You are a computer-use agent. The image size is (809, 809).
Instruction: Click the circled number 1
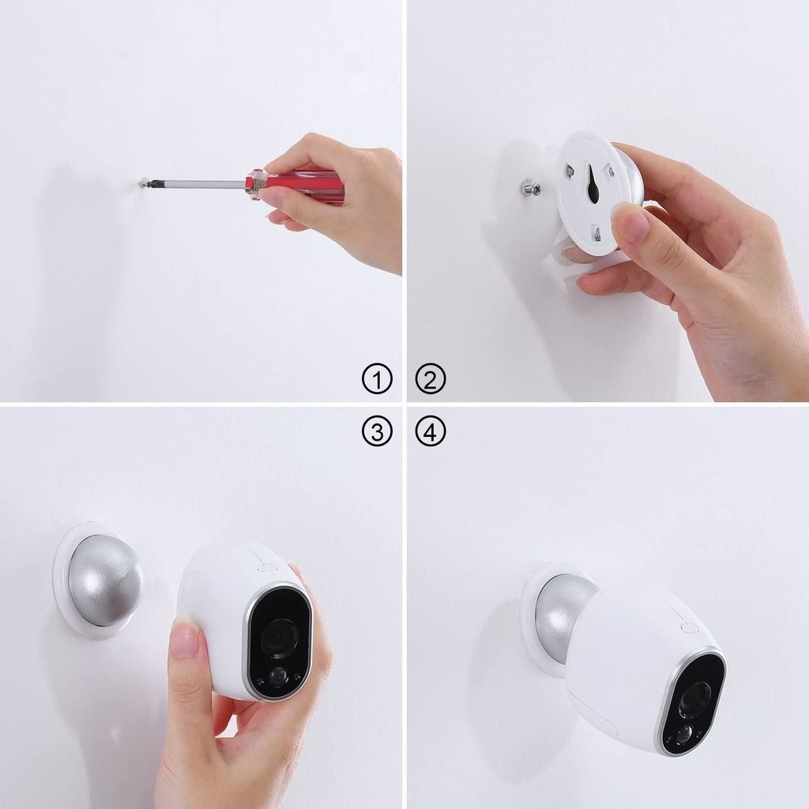point(377,379)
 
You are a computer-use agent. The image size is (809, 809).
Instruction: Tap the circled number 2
point(431,379)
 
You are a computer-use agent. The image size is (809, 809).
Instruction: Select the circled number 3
point(377,431)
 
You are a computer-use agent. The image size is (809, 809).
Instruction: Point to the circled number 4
point(431,431)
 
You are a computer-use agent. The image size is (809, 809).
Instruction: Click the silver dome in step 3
point(103,581)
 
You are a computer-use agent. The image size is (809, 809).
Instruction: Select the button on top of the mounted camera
point(690,627)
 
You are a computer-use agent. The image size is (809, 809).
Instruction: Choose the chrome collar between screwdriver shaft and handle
point(253,184)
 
